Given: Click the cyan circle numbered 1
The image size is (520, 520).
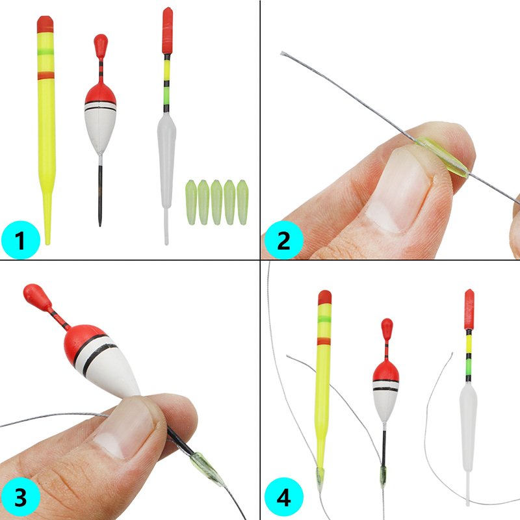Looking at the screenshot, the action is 21,239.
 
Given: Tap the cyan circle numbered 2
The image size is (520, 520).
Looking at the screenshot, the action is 284,239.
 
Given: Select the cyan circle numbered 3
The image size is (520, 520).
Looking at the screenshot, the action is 21,497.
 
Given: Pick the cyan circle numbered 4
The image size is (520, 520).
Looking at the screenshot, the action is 284,497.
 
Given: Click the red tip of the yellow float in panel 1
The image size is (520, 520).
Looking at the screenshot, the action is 45,24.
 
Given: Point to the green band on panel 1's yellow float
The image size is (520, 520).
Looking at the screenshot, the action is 45,52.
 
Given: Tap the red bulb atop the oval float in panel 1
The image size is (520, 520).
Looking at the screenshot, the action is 101,45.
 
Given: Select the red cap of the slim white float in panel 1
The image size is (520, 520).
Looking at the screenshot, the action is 168,31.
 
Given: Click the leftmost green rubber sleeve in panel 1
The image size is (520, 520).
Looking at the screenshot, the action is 191,202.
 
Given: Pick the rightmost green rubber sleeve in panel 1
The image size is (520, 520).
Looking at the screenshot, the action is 242,202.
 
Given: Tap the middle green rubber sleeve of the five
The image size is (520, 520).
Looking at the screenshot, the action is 216,202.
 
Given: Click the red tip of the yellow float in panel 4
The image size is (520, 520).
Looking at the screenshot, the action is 324,298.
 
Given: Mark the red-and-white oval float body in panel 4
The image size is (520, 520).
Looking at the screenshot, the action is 385,391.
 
